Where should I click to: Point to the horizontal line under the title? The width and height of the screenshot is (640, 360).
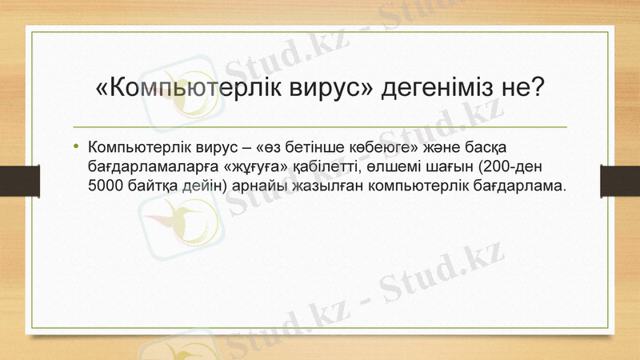point(320,127)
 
